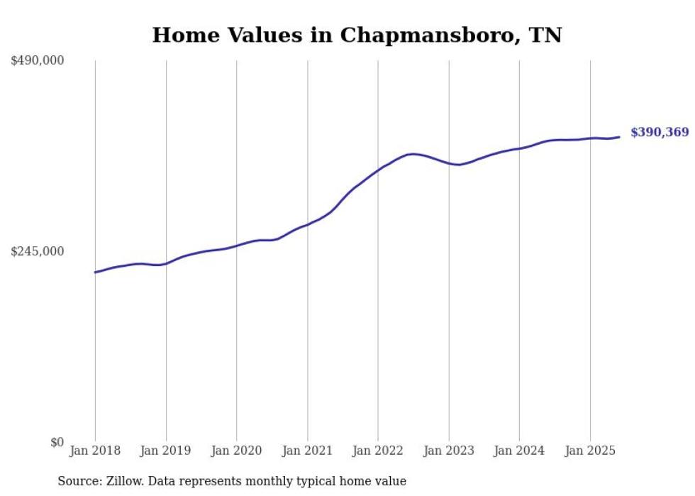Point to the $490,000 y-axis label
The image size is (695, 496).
pos(38,61)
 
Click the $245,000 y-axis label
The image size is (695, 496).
pos(38,251)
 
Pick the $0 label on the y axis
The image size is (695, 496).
pos(57,442)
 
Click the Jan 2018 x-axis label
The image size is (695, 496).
pos(95,451)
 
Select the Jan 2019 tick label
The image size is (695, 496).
pos(166,451)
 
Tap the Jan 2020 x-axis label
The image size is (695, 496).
pos(237,451)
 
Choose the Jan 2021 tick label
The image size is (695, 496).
pos(307,451)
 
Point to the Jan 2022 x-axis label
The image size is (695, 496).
pos(378,451)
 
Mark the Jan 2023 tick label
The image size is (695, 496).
pos(449,451)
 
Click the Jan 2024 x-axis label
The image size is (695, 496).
pos(519,451)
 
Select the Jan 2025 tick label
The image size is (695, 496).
pos(590,451)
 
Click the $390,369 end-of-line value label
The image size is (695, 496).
pos(660,133)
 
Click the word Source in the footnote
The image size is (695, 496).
pos(79,481)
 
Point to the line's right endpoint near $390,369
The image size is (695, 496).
pos(620,137)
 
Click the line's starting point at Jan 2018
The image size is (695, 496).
pos(95,272)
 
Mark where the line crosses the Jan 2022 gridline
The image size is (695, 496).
pos(378,170)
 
